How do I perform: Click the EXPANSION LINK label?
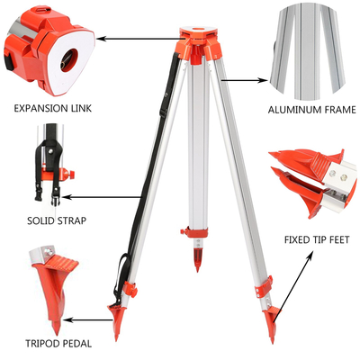point(53,109)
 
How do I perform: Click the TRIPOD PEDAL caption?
point(46,342)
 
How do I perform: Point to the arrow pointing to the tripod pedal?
point(94,318)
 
